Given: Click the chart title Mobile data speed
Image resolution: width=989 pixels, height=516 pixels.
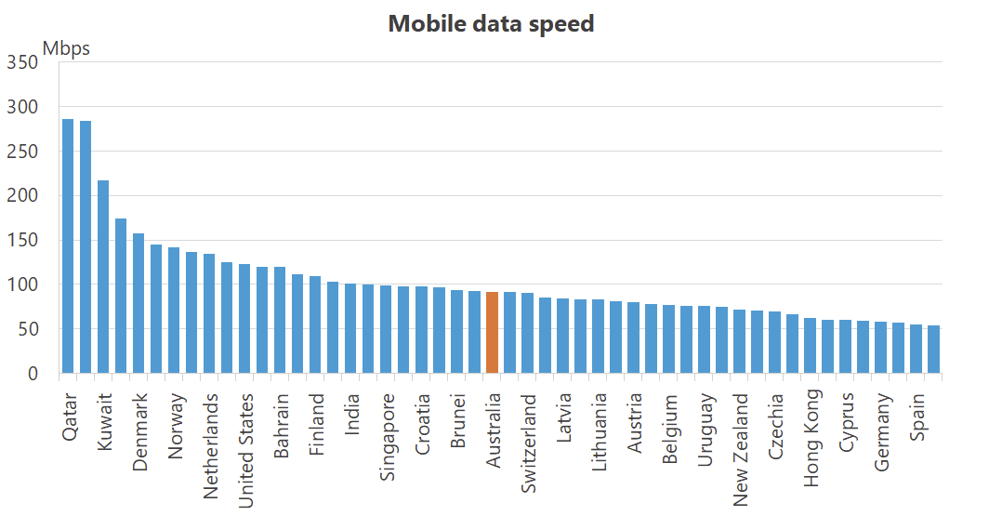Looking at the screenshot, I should (491, 24).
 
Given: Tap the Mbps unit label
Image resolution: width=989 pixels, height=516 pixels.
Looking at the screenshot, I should (66, 48).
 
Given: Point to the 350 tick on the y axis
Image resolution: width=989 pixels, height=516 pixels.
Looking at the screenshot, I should (21, 62).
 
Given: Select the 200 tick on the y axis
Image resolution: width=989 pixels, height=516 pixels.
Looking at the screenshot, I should (21, 196).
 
